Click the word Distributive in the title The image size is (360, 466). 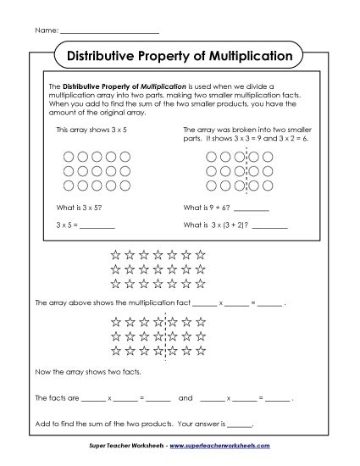(x=100, y=56)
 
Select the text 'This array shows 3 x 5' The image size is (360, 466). (x=84, y=130)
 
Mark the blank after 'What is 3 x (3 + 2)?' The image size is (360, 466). (x=269, y=225)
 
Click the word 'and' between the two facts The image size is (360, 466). (x=186, y=397)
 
